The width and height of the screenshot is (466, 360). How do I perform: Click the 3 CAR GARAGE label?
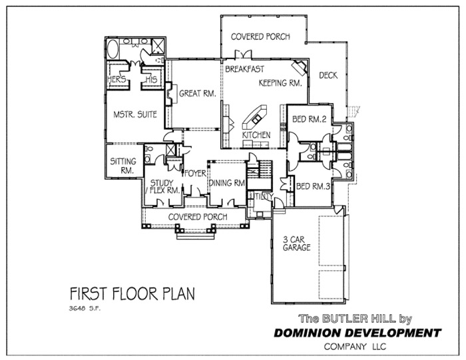[296, 243]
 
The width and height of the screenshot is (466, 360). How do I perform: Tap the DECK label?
[328, 75]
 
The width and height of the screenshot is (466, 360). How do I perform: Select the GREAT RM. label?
[198, 94]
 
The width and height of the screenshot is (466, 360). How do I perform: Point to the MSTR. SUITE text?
[135, 114]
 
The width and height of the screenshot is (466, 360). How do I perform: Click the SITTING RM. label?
[123, 166]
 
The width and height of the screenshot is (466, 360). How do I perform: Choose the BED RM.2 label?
[308, 120]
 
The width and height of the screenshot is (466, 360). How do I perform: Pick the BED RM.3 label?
[313, 186]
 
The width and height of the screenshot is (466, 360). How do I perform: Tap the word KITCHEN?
[256, 135]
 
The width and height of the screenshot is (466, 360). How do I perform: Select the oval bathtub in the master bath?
[112, 48]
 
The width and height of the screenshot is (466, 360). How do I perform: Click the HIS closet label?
[150, 79]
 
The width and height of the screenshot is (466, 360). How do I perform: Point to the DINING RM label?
[228, 184]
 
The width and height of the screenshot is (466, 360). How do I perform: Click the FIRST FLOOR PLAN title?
[132, 293]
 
